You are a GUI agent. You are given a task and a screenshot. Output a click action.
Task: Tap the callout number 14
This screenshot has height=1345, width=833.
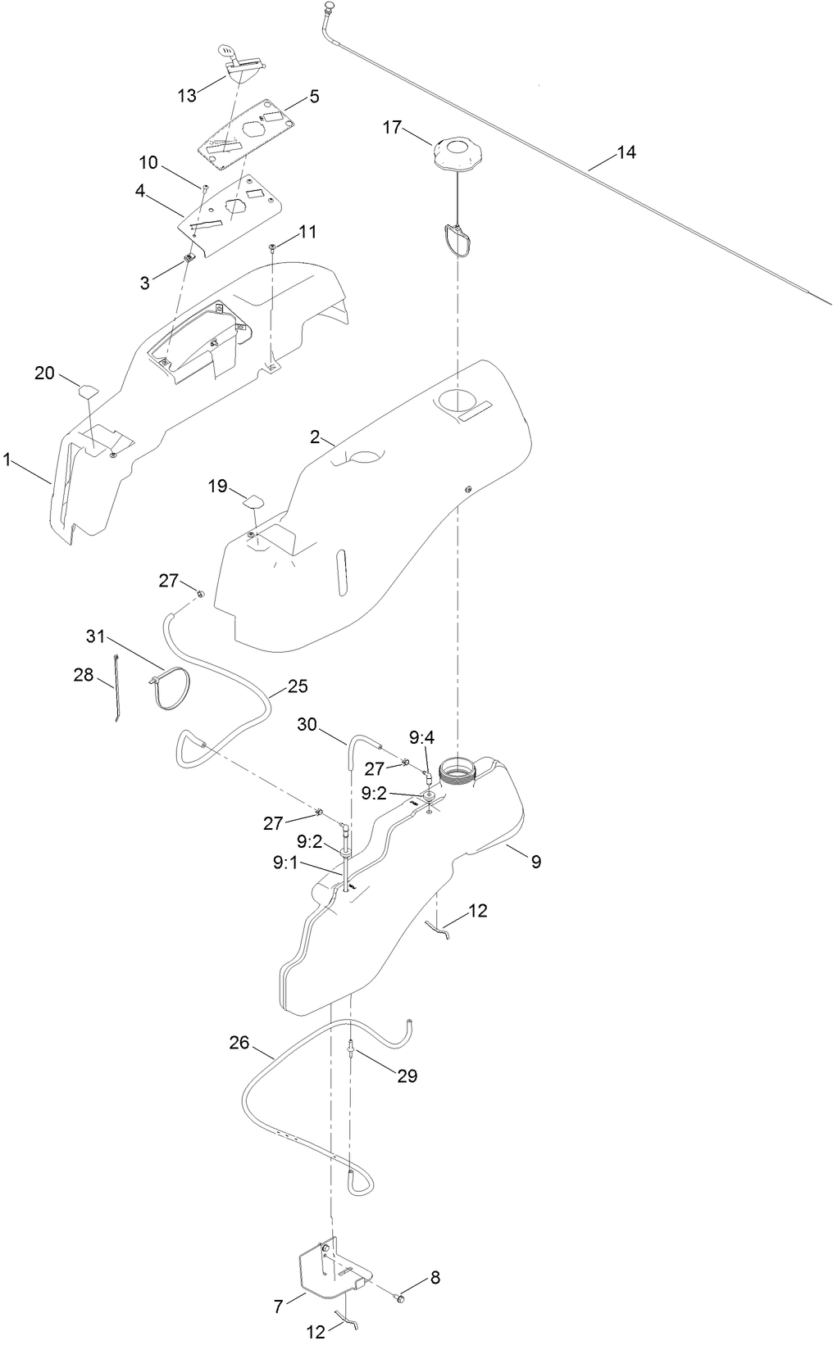(626, 152)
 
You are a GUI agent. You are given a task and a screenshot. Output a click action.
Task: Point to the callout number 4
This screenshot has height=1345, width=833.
(140, 191)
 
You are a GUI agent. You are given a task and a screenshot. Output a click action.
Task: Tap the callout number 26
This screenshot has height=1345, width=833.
(239, 1043)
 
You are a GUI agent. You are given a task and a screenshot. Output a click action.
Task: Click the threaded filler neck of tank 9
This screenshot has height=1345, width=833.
(456, 771)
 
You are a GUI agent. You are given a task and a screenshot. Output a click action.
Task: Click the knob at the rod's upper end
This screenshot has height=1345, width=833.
(330, 7)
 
